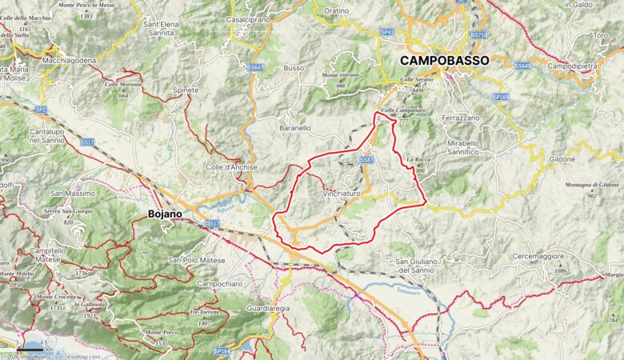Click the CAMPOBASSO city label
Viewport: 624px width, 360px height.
click(444, 60)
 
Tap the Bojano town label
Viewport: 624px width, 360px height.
click(165, 214)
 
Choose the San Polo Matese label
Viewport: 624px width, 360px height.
click(197, 261)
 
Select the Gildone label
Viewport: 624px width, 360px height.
click(562, 159)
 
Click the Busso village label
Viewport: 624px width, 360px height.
click(294, 68)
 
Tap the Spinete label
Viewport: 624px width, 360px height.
click(186, 90)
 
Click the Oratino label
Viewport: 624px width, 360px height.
click(337, 11)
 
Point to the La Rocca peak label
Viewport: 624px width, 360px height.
click(418, 160)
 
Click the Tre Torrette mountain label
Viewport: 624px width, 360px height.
click(205, 312)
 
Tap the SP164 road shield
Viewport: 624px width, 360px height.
click(222, 350)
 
